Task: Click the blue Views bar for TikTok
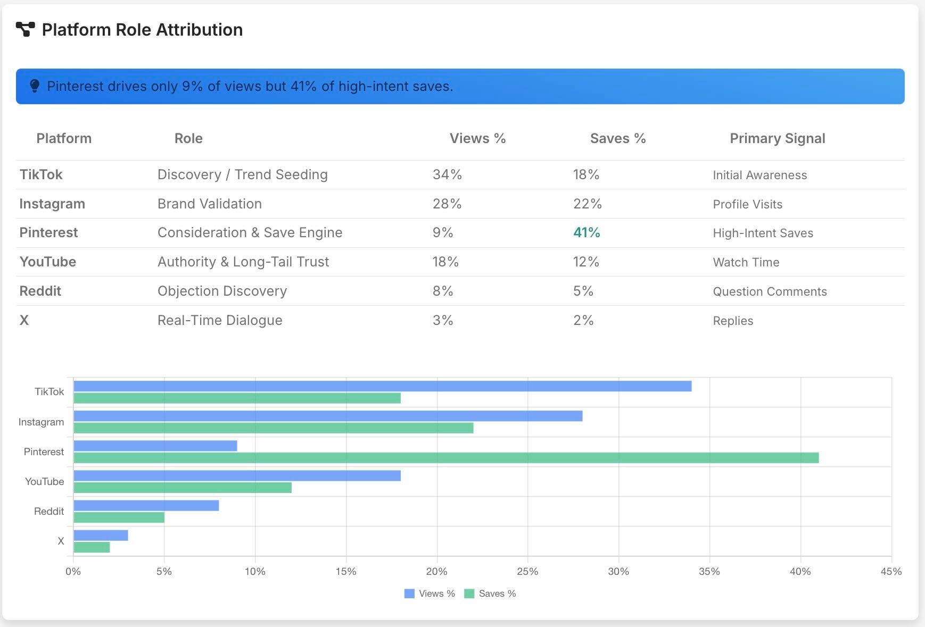[x=382, y=386]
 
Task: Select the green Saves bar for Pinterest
[x=446, y=458]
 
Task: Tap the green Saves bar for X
[x=92, y=547]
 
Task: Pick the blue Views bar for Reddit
[x=146, y=505]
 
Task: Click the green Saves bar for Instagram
[x=273, y=428]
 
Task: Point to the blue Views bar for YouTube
[x=237, y=475]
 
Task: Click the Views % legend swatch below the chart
[x=409, y=593]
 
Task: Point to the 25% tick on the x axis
[x=527, y=572]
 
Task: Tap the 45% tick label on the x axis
[x=891, y=572]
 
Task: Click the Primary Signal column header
[x=777, y=138]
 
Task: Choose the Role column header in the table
[x=188, y=138]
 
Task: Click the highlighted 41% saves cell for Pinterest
[x=587, y=232]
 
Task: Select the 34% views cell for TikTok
[x=447, y=174]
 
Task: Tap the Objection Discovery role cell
[x=222, y=291]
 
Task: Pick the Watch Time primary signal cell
[x=746, y=262]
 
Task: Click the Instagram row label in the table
[x=52, y=204]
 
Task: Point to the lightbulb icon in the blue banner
[x=35, y=86]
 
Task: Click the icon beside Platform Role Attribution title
[x=25, y=29]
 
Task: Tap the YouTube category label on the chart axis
[x=44, y=481]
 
